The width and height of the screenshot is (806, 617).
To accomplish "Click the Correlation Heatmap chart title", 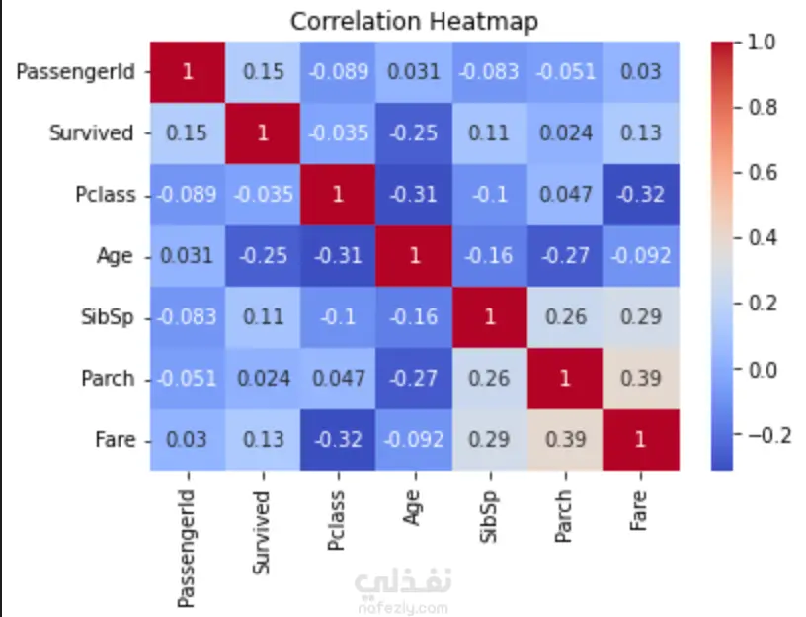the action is pos(414,22).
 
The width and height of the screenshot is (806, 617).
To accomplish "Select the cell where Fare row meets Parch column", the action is pos(565,440).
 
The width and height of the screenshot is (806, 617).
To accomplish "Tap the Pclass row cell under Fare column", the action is pos(641,195).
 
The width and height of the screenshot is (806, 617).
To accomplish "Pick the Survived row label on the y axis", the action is pos(92,133).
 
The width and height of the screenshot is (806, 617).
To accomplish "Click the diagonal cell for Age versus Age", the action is pos(414,256).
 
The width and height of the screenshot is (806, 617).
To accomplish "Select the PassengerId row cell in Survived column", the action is pos(263,72).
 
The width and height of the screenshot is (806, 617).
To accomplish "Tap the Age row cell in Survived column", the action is pos(263,256).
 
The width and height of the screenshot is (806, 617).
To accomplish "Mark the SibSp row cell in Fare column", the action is pos(641,317).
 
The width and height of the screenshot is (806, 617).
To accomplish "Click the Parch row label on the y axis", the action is pos(108,379).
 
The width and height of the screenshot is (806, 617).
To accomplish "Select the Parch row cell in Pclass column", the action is pos(338,379).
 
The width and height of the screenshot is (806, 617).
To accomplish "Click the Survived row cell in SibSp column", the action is pos(490,133).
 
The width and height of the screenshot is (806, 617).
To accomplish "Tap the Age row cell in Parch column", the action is pos(565,256).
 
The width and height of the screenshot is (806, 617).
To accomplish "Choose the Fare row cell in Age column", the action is pos(414,440).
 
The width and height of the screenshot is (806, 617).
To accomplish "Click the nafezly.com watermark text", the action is pos(404,608).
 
